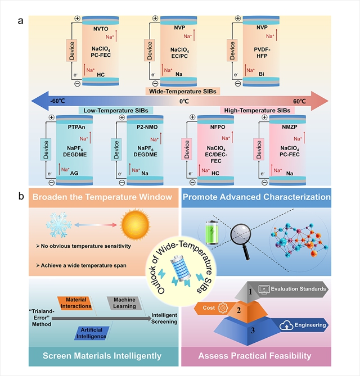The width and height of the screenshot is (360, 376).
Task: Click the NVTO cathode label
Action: pos(101,27)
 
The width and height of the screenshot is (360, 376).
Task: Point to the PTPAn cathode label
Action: pos(76,129)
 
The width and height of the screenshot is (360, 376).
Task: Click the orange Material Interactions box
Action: pos(76,303)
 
